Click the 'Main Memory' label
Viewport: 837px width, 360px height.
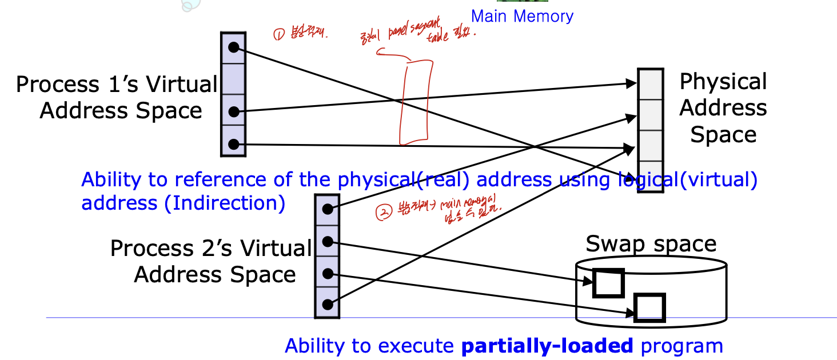point(522,16)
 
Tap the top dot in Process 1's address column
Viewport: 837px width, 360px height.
point(233,47)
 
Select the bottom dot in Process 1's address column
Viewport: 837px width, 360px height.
point(233,144)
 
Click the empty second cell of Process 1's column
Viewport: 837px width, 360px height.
point(233,78)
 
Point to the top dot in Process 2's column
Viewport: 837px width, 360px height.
point(327,209)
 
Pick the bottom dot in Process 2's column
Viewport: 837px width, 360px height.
point(327,305)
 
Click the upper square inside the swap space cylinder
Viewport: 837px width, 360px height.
point(608,283)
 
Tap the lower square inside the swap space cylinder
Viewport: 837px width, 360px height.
point(650,308)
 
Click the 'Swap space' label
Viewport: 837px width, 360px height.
point(651,244)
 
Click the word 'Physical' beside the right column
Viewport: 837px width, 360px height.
point(723,82)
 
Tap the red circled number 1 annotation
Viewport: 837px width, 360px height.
point(278,35)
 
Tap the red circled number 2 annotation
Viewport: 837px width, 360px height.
point(382,213)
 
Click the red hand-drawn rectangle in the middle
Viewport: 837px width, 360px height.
point(413,103)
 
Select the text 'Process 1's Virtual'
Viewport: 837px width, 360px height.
point(117,85)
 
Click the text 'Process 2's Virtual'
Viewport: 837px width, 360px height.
point(211,249)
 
